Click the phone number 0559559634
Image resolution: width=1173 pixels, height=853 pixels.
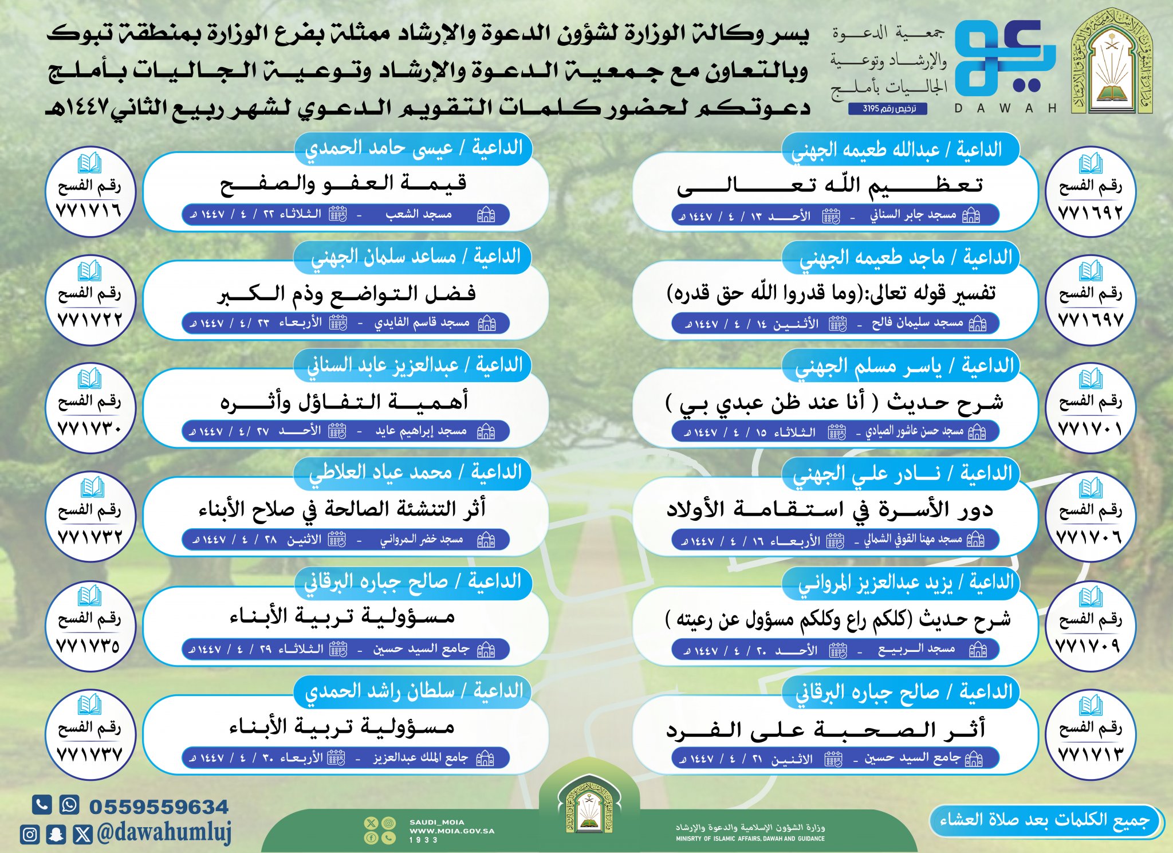click(x=159, y=807)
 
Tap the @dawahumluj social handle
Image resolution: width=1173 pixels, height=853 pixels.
click(x=164, y=832)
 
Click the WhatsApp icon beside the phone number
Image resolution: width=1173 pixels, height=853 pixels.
click(x=69, y=804)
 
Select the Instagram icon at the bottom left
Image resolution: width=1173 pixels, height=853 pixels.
click(x=30, y=834)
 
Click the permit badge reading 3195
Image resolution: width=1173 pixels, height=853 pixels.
click(x=887, y=108)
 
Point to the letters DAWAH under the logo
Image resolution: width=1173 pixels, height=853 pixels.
click(x=1005, y=108)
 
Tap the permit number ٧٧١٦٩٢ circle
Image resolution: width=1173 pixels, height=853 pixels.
click(x=1091, y=191)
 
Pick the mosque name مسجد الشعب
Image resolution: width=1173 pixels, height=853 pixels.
click(x=419, y=215)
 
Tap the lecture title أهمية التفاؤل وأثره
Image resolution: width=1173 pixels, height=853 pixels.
click(x=344, y=402)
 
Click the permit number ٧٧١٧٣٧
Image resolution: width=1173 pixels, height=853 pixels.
click(x=89, y=754)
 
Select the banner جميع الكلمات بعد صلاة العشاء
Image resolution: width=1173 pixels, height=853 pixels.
click(x=1045, y=820)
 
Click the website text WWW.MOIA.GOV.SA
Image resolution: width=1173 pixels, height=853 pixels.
click(x=451, y=831)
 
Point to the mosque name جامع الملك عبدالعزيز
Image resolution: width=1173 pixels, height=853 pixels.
click(x=421, y=758)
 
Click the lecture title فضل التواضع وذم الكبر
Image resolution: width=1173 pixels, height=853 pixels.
click(x=346, y=294)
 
